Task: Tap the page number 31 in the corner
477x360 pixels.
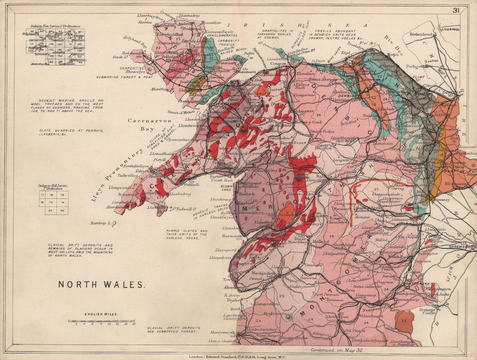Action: (x=456, y=10)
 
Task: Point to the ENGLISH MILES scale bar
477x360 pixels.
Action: (x=101, y=321)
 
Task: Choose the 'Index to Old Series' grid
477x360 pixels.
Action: (x=56, y=202)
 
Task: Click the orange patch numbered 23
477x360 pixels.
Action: (x=404, y=322)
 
